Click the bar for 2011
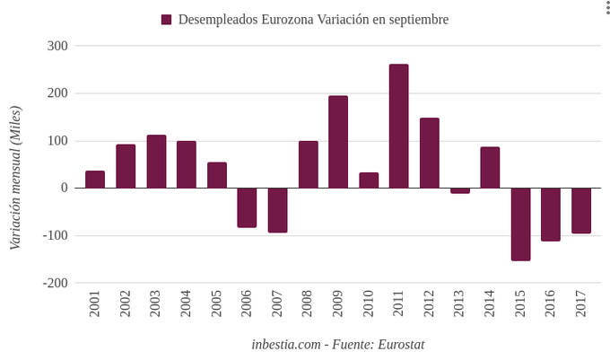[x=399, y=127]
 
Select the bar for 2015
[x=520, y=224]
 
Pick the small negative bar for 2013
[x=460, y=190]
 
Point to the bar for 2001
[x=95, y=180]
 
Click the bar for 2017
[x=581, y=210]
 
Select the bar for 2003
[x=156, y=162]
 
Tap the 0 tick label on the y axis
[x=64, y=188]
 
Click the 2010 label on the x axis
[x=369, y=303]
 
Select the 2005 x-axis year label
[x=217, y=303]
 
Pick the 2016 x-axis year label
[x=551, y=303]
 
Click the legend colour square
[x=167, y=20]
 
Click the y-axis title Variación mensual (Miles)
[x=15, y=177]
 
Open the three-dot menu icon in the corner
[x=606, y=7]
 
